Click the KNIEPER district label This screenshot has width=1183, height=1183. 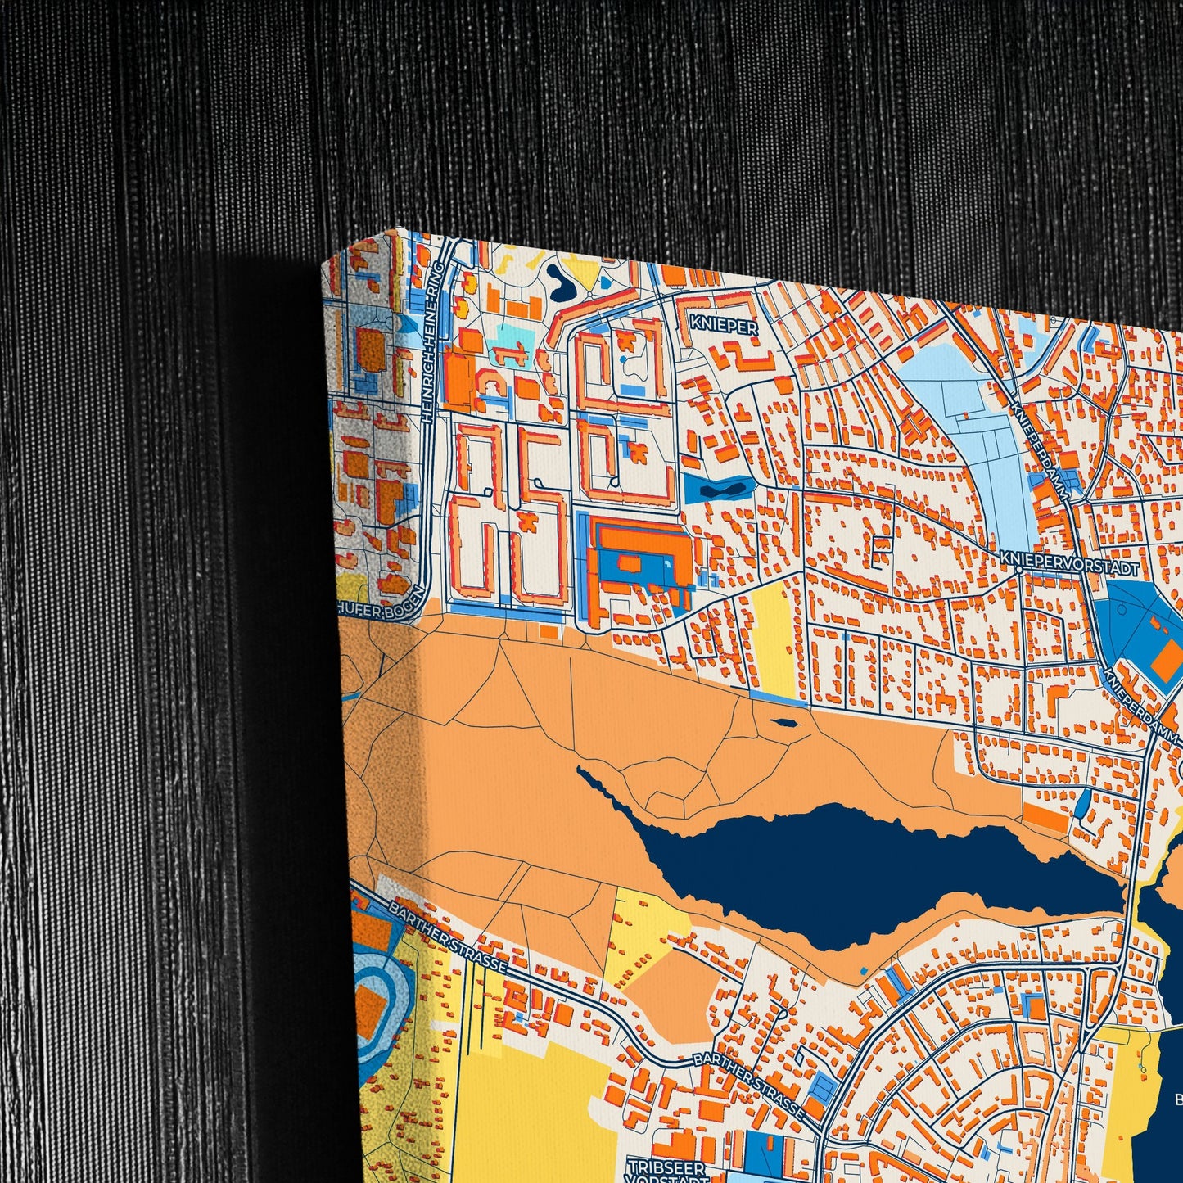click(x=724, y=325)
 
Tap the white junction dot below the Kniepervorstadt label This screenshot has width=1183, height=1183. click(x=1018, y=567)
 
